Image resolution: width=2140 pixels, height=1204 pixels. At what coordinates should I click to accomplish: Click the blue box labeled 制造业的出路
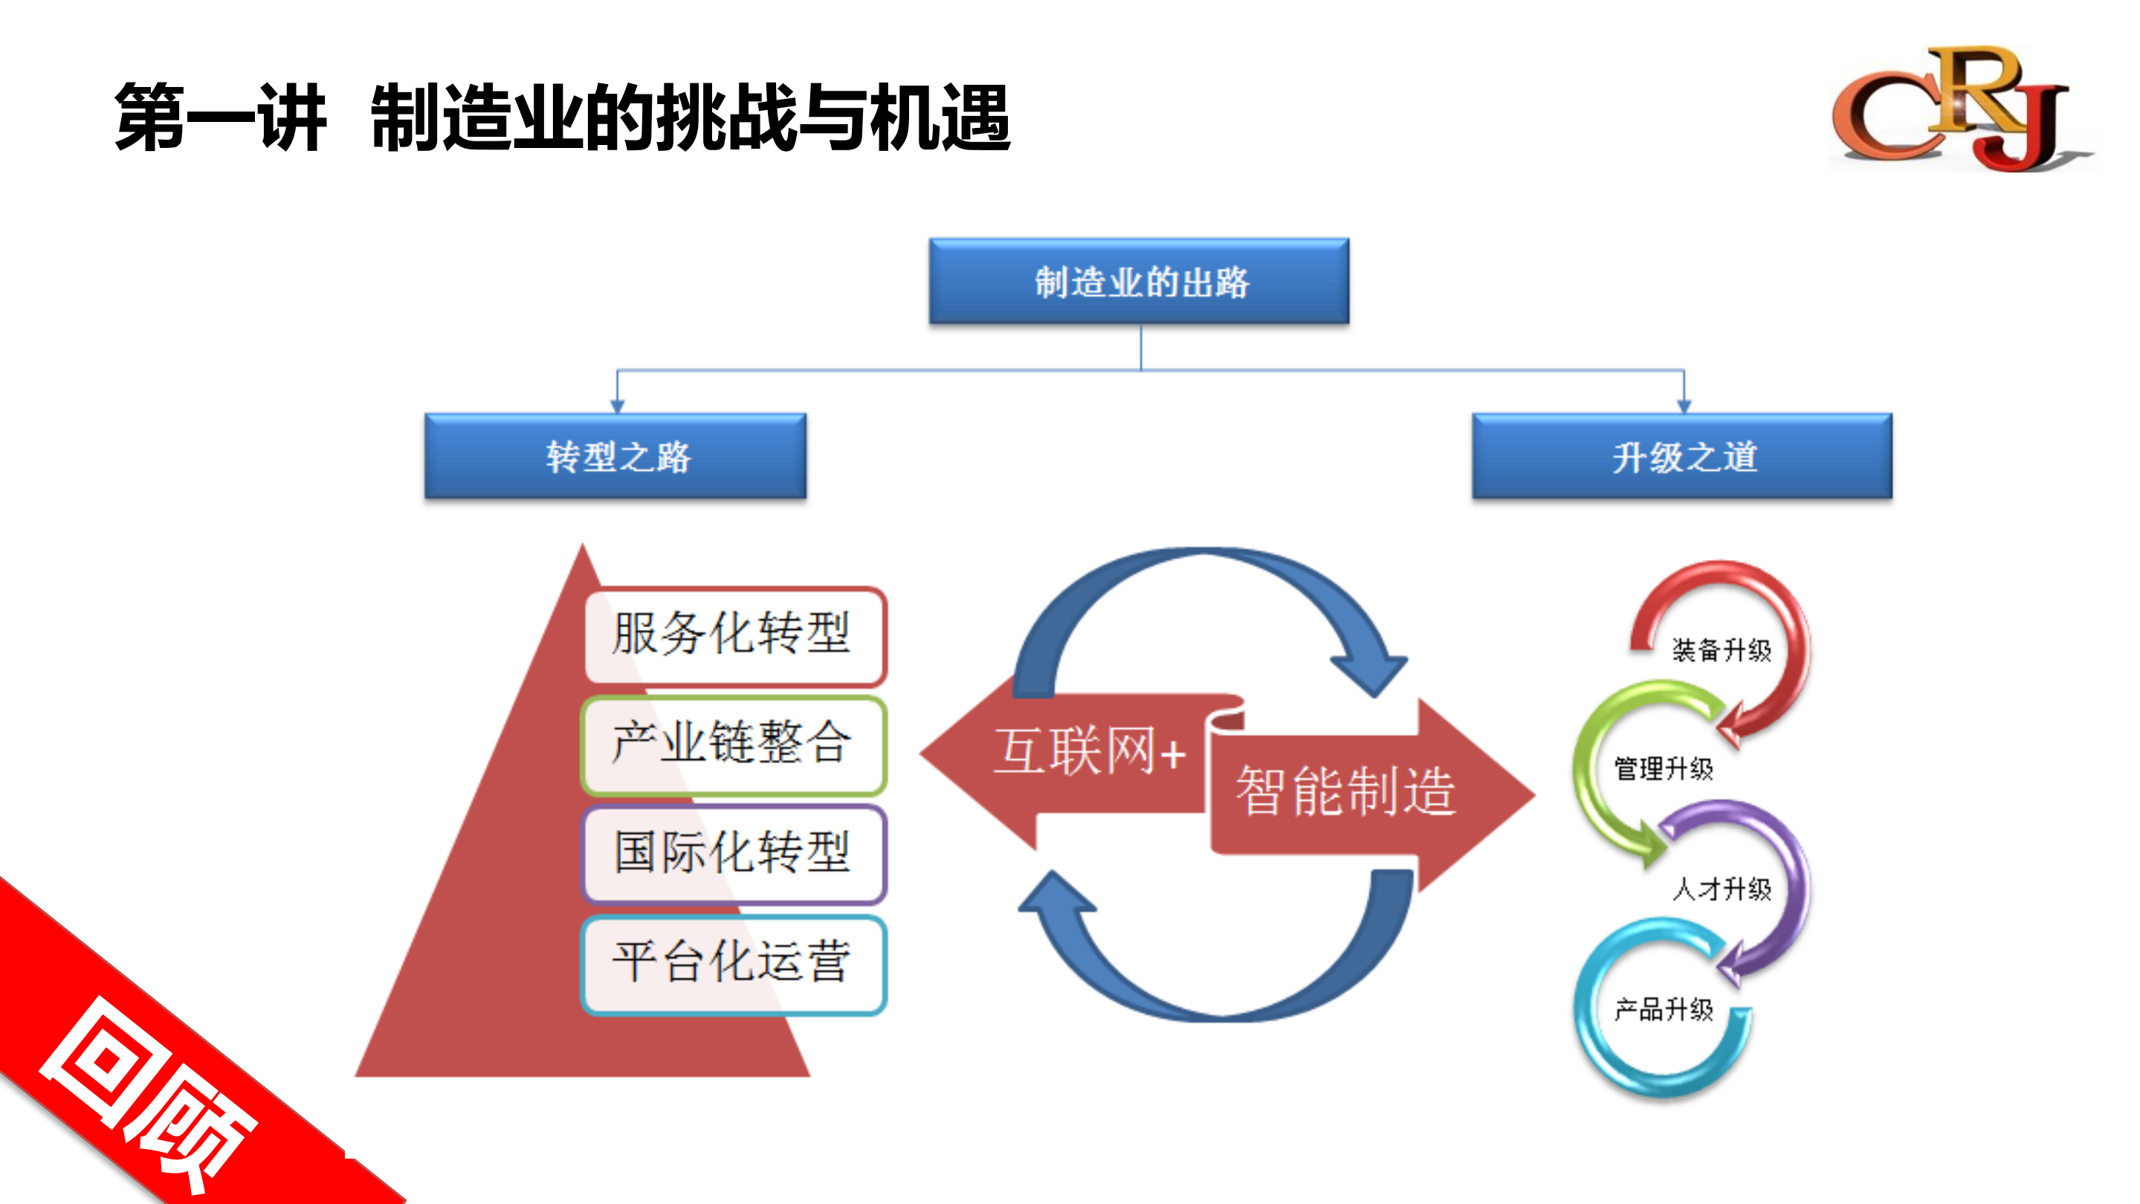1139,282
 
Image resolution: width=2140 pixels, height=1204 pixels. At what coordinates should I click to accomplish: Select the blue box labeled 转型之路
615,456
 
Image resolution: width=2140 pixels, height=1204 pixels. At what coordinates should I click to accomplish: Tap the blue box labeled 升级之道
1682,456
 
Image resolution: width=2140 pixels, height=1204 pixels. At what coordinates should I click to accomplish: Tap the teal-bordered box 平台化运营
734,964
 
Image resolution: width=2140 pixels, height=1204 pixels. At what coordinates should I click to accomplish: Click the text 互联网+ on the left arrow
1088,751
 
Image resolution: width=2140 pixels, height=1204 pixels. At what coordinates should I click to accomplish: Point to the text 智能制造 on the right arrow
1346,791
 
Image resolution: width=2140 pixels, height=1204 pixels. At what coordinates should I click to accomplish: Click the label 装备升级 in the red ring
1722,650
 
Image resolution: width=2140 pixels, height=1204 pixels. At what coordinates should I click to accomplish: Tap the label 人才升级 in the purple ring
1722,889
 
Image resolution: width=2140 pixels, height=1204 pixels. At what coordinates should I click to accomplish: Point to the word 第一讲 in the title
220,118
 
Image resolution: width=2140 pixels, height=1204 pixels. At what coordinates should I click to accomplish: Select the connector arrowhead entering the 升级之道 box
1684,406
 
